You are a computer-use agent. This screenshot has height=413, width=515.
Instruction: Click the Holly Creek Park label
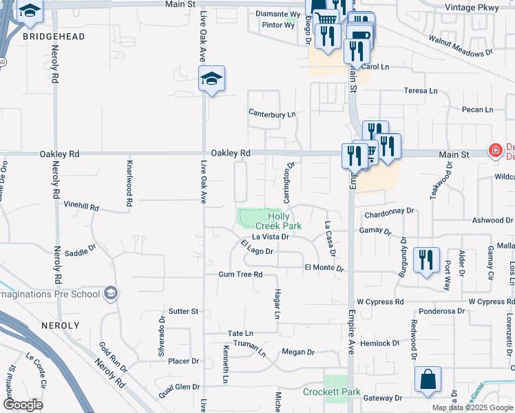[x=279, y=220]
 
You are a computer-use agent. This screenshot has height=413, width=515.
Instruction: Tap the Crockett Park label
[x=332, y=392]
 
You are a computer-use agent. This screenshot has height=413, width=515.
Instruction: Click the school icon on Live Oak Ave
[x=212, y=79]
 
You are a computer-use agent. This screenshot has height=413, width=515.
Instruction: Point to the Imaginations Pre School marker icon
[x=110, y=294]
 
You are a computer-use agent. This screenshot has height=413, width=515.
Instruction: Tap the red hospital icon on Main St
[x=494, y=150]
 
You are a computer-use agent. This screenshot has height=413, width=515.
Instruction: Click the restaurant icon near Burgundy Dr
[x=427, y=260]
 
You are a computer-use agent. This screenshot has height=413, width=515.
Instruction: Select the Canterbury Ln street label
[x=271, y=114]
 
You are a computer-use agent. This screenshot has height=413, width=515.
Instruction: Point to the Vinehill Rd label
[x=81, y=206]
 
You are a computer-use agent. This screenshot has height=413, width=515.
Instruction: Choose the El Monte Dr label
[x=324, y=267]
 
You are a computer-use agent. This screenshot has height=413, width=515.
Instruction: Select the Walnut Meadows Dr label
[x=461, y=45]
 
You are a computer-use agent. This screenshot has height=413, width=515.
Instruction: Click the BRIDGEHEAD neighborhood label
[x=54, y=36]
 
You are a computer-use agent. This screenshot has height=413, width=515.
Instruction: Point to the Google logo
[x=23, y=405]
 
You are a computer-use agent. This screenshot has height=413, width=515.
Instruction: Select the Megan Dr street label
[x=298, y=352]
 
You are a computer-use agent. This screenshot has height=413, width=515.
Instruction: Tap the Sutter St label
[x=184, y=312]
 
